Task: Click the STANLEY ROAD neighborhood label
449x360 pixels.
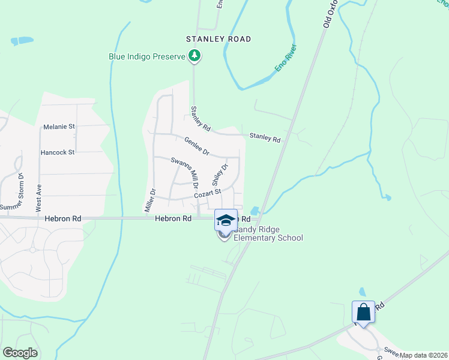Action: tap(218, 39)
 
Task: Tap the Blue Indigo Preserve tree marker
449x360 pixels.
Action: tap(194, 56)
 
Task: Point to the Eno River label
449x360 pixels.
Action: tap(286, 58)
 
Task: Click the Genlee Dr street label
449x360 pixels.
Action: tap(196, 145)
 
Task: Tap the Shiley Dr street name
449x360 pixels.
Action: tap(219, 175)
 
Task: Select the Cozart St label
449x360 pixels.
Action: tap(208, 194)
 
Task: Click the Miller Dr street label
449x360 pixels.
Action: tap(150, 200)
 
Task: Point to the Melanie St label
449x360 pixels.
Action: tap(59, 127)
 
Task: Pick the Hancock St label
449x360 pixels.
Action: tap(58, 152)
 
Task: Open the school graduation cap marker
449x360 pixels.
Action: tap(226, 220)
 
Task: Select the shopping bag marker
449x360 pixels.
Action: tap(363, 312)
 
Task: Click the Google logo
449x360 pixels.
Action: tap(20, 353)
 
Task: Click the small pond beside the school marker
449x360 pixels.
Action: tap(255, 211)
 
